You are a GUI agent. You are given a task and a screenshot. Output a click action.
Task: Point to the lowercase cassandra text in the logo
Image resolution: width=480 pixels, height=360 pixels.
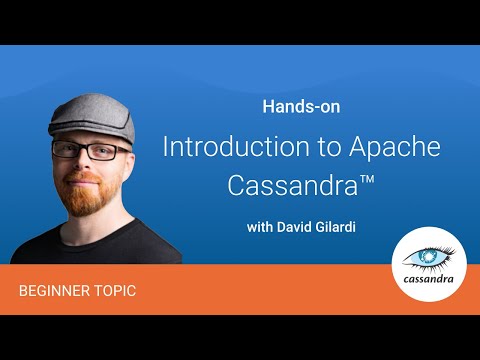click(x=429, y=280)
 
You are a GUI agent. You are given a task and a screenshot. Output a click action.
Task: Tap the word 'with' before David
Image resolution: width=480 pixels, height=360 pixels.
click(x=261, y=227)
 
